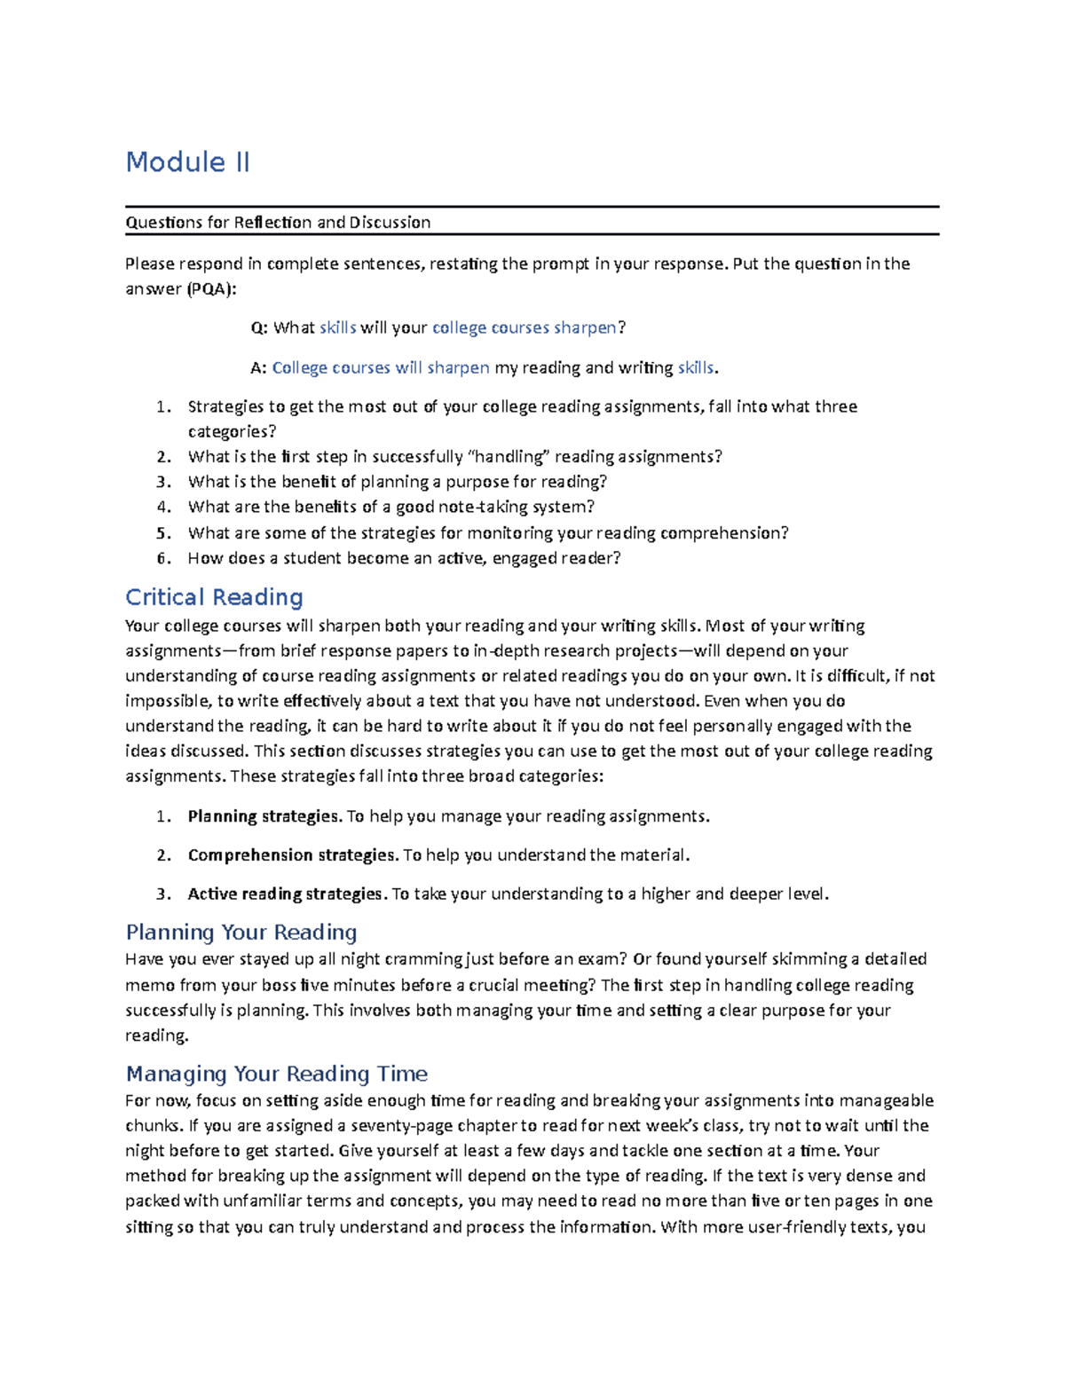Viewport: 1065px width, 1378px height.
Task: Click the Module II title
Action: [187, 162]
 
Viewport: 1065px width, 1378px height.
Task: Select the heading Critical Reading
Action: [214, 597]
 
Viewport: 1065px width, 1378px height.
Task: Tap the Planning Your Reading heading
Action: [241, 932]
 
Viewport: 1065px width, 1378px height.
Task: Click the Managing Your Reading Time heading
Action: [276, 1074]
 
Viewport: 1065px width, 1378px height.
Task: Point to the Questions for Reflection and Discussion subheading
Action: [278, 223]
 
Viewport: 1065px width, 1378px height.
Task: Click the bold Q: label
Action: [259, 327]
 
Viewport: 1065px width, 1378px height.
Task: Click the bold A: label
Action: [258, 367]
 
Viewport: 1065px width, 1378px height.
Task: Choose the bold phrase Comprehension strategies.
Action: [293, 855]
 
